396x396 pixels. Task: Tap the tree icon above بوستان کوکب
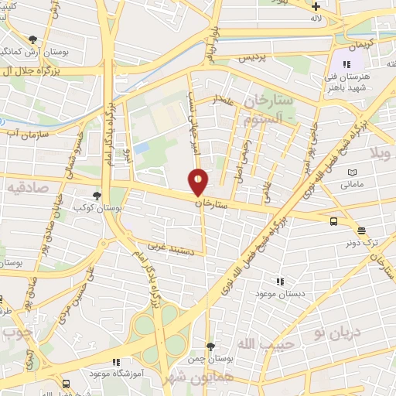pos(97,196)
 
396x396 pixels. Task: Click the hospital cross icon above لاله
pos(337,6)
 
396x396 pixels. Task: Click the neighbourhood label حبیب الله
pos(266,343)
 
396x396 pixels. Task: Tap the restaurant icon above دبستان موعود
pos(280,282)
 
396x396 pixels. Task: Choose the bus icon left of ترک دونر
pos(333,221)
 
